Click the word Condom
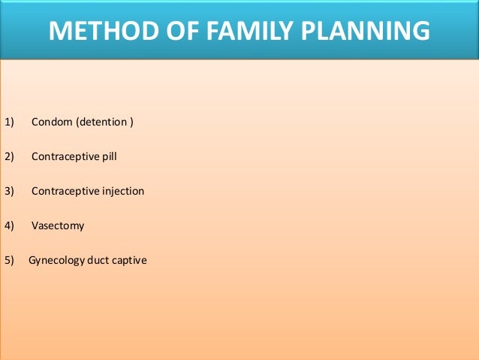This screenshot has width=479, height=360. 50,122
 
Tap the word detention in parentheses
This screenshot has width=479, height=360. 101,122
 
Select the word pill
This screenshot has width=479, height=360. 108,157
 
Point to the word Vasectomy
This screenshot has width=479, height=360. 58,226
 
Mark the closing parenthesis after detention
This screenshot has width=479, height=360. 131,122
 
